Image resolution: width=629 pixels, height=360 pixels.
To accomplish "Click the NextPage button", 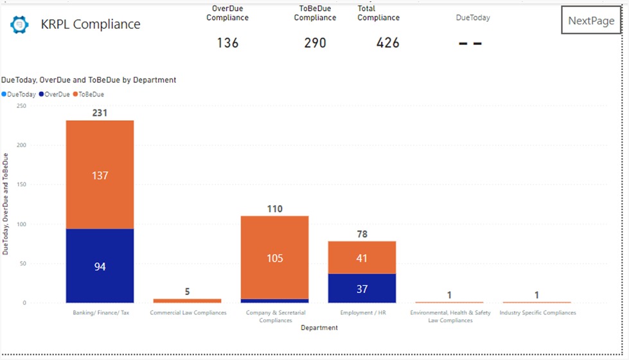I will coord(591,21).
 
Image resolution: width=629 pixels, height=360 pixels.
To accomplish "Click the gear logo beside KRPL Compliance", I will coord(19,25).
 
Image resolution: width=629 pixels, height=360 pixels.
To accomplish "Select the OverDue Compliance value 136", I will coord(227,43).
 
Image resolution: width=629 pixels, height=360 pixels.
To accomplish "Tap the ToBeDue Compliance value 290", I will coord(315,43).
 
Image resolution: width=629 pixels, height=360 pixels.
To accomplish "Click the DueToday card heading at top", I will coord(472,18).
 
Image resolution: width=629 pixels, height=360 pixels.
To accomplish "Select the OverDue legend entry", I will coord(57,94).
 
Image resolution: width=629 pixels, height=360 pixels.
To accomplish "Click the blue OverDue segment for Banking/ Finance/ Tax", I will coord(100,266).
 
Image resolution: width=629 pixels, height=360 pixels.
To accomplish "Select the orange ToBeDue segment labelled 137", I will coord(100,175).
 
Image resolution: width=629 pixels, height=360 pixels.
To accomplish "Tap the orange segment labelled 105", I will coord(274,258).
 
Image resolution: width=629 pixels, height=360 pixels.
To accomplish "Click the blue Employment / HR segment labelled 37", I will coord(362,289).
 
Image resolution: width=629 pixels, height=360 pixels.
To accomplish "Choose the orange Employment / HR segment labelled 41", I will coord(362,258).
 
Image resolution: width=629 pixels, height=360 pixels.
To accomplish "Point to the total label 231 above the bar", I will coord(100,113).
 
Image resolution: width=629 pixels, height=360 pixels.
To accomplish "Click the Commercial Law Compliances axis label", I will coord(188,313).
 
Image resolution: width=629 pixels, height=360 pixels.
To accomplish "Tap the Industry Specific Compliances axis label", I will coord(537,313).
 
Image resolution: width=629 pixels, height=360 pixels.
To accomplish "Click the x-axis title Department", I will coord(319,328).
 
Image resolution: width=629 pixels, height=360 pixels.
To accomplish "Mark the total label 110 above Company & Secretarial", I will coord(274,209).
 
